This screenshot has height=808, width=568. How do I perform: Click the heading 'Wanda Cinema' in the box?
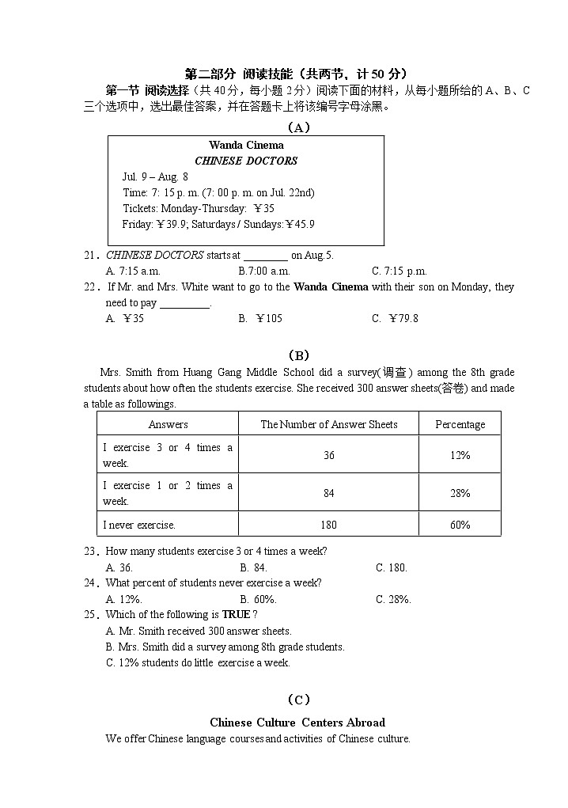click(x=246, y=145)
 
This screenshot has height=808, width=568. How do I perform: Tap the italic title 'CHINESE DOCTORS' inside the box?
click(x=246, y=161)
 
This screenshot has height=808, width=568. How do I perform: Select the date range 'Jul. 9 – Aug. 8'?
click(x=155, y=176)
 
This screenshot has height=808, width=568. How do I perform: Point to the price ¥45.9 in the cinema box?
click(x=300, y=224)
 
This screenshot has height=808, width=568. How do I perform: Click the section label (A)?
click(x=297, y=127)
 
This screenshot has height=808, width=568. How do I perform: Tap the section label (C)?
click(x=297, y=699)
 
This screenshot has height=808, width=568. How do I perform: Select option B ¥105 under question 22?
click(x=260, y=318)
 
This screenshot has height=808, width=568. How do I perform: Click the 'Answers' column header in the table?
click(x=168, y=424)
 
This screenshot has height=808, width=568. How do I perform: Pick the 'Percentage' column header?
click(x=460, y=424)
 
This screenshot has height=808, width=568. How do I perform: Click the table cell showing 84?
click(x=328, y=493)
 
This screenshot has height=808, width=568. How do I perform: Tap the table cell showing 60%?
click(x=460, y=525)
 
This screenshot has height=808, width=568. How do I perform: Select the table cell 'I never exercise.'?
click(x=139, y=525)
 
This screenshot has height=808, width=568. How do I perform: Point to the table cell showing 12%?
click(x=460, y=455)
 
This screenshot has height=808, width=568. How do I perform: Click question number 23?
click(x=91, y=552)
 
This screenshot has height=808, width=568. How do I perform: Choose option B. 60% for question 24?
click(x=258, y=599)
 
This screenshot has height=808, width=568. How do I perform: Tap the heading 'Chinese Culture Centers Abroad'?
click(x=297, y=723)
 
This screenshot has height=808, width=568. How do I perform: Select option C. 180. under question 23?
click(x=392, y=567)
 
